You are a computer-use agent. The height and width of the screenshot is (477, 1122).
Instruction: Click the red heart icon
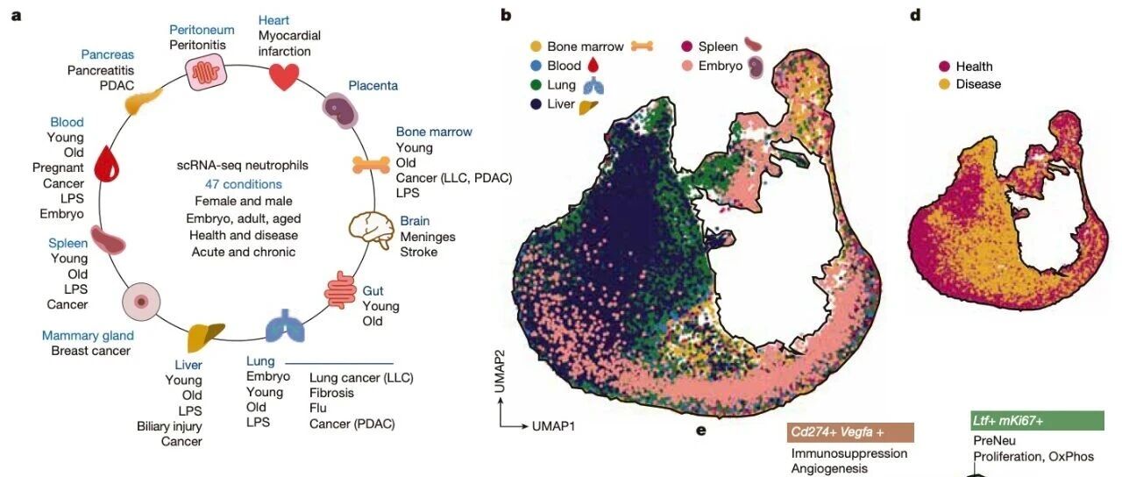pyautogui.click(x=283, y=77)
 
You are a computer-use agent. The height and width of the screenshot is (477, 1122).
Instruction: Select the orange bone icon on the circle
pyautogui.click(x=371, y=163)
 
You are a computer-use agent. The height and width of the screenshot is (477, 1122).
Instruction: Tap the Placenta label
pyautogui.click(x=373, y=85)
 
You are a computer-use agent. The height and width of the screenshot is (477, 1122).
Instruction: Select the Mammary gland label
pyautogui.click(x=88, y=336)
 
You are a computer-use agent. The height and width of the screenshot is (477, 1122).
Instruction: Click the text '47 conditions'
pyautogui.click(x=243, y=184)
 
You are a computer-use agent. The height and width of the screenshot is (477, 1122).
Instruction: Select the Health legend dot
pyautogui.click(x=945, y=67)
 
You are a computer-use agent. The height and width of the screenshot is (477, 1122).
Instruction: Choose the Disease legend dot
pyautogui.click(x=945, y=84)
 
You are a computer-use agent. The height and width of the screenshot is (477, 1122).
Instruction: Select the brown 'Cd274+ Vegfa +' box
pyautogui.click(x=851, y=432)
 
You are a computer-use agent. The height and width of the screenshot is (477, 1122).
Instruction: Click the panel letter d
pyautogui.click(x=915, y=15)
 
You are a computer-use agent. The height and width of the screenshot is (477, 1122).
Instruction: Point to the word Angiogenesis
pyautogui.click(x=829, y=469)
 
